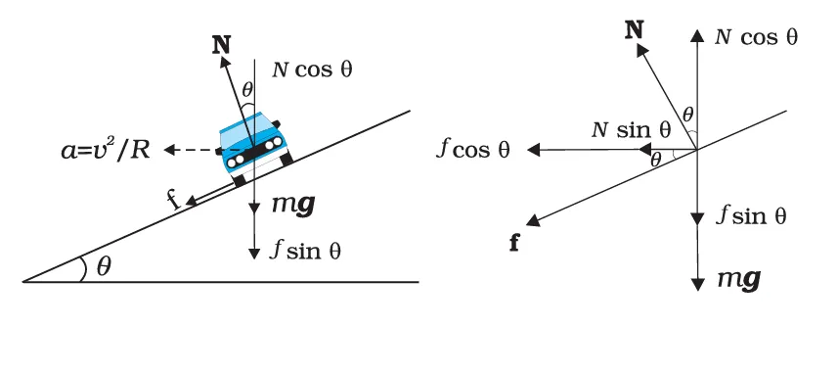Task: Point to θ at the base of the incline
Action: [103, 267]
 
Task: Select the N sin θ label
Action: [632, 128]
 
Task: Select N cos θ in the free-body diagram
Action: [757, 37]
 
